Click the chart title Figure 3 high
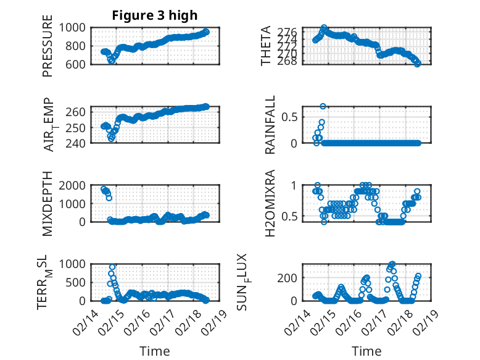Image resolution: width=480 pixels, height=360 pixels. coord(154,15)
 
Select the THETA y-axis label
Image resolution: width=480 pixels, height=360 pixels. coord(266,46)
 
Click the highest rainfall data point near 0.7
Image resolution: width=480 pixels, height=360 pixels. coord(323,106)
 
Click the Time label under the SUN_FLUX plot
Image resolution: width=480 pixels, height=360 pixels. coord(366,351)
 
